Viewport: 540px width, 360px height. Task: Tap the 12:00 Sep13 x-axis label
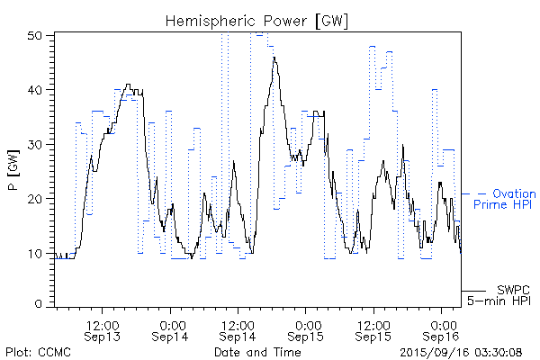pyautogui.click(x=103, y=329)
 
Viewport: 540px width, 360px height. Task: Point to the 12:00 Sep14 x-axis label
pyautogui.click(x=238, y=329)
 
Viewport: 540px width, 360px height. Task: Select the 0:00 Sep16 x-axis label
pyautogui.click(x=441, y=329)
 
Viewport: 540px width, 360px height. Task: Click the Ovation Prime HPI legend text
pyautogui.click(x=504, y=199)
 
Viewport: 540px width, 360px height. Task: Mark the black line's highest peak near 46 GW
pyautogui.click(x=274, y=58)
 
